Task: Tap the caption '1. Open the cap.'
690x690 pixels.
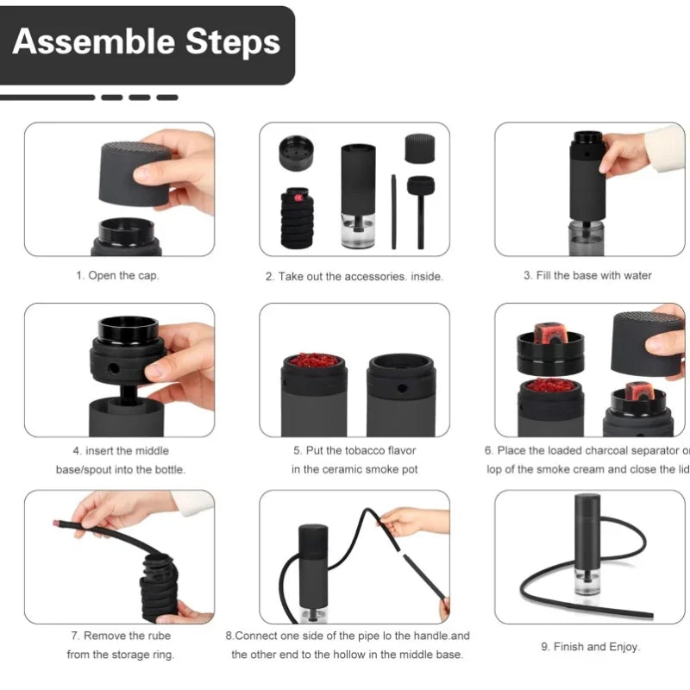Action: pos(117,276)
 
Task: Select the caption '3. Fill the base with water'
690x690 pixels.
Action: pos(587,276)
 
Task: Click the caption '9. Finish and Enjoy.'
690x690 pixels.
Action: pos(590,646)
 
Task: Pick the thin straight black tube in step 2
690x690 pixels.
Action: pos(394,211)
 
